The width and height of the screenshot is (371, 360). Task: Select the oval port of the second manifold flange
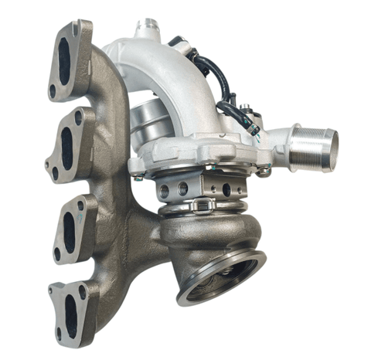click(x=68, y=144)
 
